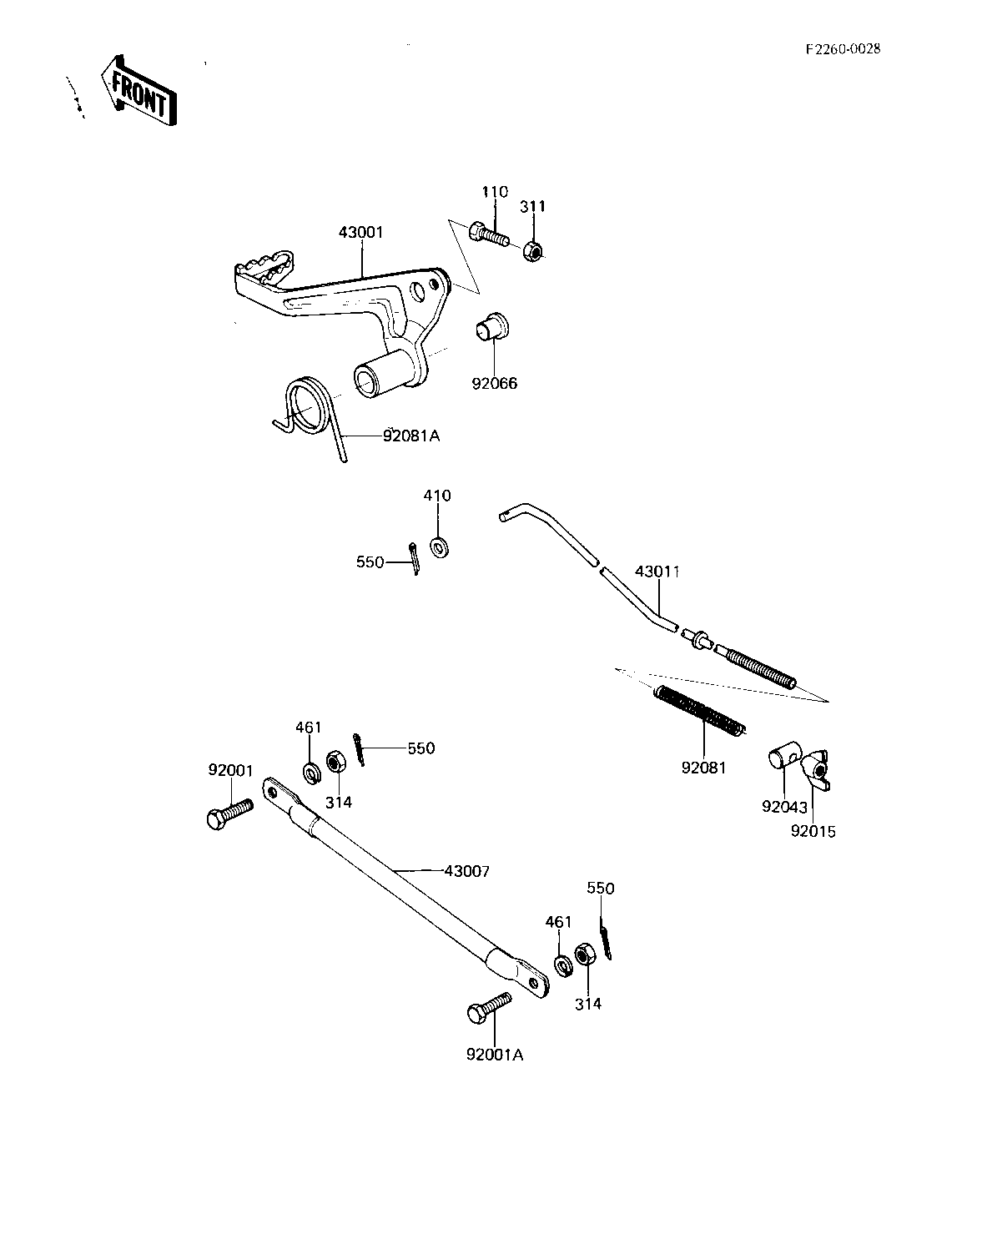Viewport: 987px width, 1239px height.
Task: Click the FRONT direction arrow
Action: pos(138,91)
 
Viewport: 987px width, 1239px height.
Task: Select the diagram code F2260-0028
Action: pos(843,49)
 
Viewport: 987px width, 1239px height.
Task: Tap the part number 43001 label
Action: pos(360,233)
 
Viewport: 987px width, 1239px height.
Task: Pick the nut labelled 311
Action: pos(533,250)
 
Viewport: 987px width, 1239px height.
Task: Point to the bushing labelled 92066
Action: pos(492,327)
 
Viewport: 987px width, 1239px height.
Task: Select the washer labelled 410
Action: pos(441,547)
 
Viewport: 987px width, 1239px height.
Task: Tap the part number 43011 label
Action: pos(657,572)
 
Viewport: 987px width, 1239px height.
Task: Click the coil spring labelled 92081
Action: pos(701,711)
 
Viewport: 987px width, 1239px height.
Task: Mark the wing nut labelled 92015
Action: pos(817,770)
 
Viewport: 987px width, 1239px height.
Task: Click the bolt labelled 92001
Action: pos(229,813)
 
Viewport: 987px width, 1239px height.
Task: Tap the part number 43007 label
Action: pos(466,871)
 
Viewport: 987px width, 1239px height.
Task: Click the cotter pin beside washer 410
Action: pos(415,557)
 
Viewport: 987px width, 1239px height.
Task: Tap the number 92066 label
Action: pos(495,384)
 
